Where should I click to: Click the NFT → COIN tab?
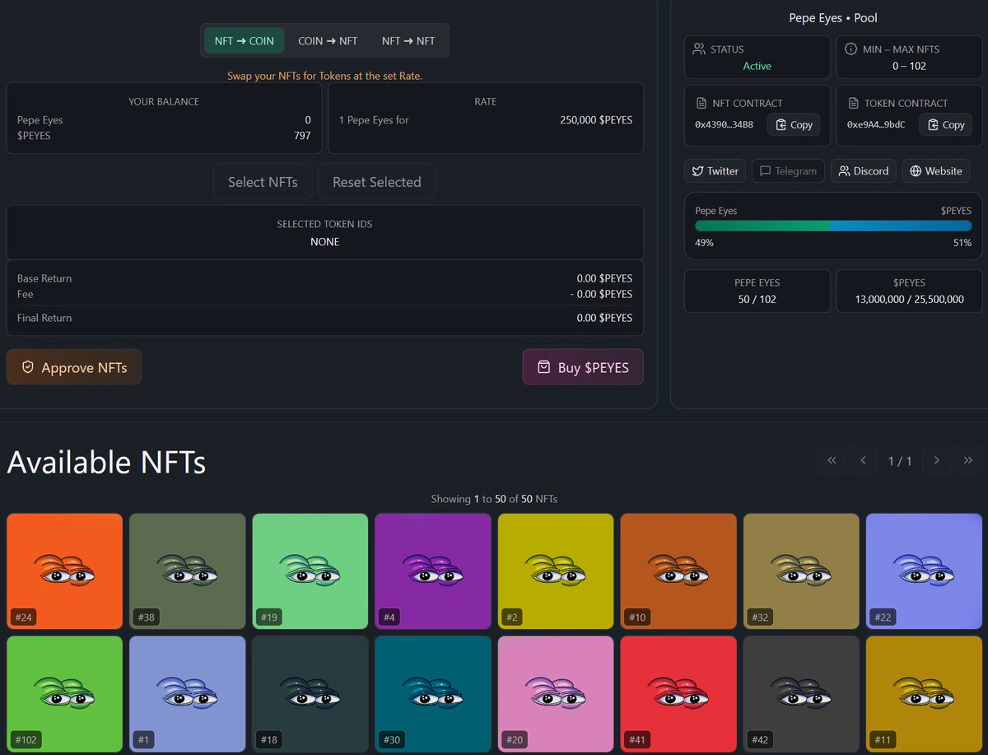(244, 40)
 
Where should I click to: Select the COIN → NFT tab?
(328, 40)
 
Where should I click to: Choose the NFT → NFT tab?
(408, 40)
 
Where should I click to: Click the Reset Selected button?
(376, 182)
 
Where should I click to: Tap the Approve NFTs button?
(74, 367)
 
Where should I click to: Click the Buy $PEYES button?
(583, 367)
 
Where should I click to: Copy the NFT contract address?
(794, 124)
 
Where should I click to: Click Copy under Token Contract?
(945, 124)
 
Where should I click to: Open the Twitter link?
(715, 170)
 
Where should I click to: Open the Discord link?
(863, 170)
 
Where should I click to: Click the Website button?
(935, 170)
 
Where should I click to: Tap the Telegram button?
(788, 170)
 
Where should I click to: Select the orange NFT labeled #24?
(64, 571)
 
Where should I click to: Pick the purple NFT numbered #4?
(433, 571)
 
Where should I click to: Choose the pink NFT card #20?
(556, 693)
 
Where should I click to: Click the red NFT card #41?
(678, 693)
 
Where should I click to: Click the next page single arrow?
(937, 460)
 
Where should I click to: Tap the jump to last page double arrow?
(968, 460)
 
